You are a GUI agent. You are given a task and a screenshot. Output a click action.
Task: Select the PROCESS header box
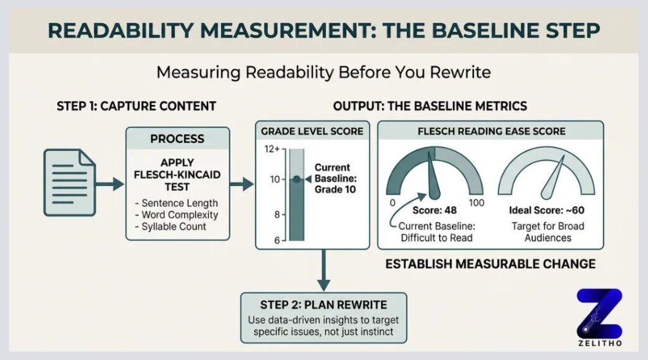click(177, 139)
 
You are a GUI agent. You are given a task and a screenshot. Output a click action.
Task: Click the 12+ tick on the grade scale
click(272, 149)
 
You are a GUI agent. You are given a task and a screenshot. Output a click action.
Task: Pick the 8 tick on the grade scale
click(276, 214)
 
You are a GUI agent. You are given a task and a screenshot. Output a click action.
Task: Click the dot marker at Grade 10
click(296, 180)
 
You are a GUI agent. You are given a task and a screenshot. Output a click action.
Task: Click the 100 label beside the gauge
click(476, 202)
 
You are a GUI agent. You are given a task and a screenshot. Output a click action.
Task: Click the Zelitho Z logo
click(599, 313)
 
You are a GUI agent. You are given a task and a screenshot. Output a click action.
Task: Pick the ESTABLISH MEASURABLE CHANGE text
click(490, 263)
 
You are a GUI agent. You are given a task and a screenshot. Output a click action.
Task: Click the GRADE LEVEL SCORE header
click(312, 131)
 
